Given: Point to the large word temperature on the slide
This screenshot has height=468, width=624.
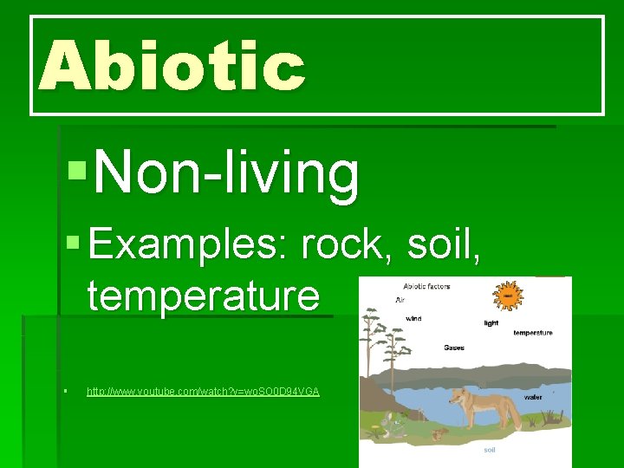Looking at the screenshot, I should [203, 295].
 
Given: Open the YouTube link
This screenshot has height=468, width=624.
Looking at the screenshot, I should [203, 392].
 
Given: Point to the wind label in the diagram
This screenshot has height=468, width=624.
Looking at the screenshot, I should [414, 318].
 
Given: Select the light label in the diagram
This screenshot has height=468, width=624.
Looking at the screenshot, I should [491, 323].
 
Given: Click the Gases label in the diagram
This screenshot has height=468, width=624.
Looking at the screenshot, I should [453, 348].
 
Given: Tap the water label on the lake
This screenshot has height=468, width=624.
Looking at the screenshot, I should [534, 397].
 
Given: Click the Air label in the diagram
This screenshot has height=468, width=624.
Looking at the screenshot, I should [400, 300].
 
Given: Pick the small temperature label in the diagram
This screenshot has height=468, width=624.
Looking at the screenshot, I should [533, 333].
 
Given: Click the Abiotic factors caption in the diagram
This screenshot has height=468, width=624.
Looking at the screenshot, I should [426, 286].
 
